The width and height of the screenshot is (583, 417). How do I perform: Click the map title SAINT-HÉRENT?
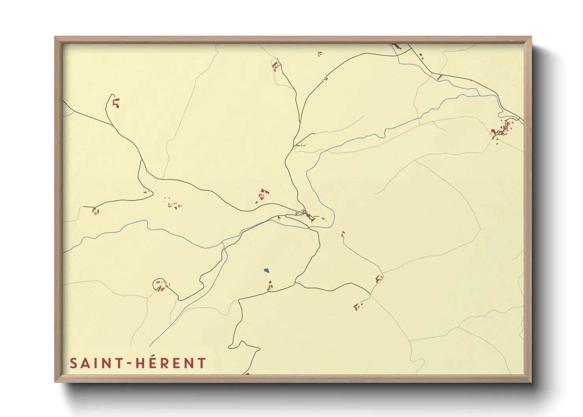[138, 363]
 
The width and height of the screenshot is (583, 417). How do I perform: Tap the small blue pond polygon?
[267, 270]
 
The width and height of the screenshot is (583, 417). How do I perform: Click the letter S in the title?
[73, 363]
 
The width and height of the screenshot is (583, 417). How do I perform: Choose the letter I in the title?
[94, 363]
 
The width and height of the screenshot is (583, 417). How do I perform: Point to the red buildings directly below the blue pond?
[270, 287]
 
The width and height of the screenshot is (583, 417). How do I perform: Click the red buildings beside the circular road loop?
[162, 289]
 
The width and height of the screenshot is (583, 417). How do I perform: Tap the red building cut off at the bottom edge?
[247, 373]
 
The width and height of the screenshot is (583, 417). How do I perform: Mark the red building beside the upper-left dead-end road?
[116, 103]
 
